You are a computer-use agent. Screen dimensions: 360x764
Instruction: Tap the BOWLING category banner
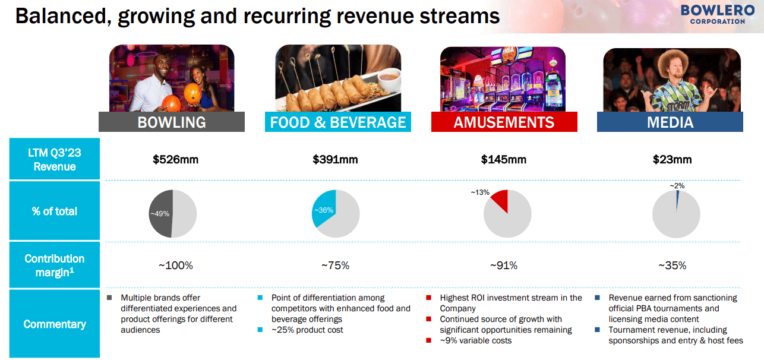click(x=172, y=122)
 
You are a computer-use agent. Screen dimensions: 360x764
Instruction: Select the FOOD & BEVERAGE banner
click(x=338, y=122)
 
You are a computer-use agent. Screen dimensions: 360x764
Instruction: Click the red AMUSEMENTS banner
click(x=504, y=122)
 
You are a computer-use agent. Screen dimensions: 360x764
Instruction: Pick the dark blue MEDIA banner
click(x=670, y=122)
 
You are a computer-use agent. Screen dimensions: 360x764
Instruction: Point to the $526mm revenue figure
click(x=175, y=159)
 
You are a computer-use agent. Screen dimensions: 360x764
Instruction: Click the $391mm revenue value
click(x=335, y=159)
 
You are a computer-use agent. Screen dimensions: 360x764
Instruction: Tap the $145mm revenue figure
click(x=503, y=159)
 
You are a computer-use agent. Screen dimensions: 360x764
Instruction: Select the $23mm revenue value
click(x=672, y=159)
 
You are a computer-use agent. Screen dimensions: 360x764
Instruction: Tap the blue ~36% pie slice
click(x=324, y=208)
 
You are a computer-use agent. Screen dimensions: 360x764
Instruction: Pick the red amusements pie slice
click(x=500, y=200)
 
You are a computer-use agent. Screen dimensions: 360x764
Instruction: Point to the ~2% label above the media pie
click(x=677, y=185)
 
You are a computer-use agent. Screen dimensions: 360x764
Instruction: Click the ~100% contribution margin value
click(x=175, y=266)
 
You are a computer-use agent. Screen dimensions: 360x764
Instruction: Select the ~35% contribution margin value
click(x=672, y=266)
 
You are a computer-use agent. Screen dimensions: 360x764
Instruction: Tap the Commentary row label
click(x=55, y=324)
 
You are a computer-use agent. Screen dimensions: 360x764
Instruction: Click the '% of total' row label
click(x=55, y=211)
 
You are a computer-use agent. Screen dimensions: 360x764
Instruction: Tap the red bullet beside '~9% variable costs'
click(x=429, y=340)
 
